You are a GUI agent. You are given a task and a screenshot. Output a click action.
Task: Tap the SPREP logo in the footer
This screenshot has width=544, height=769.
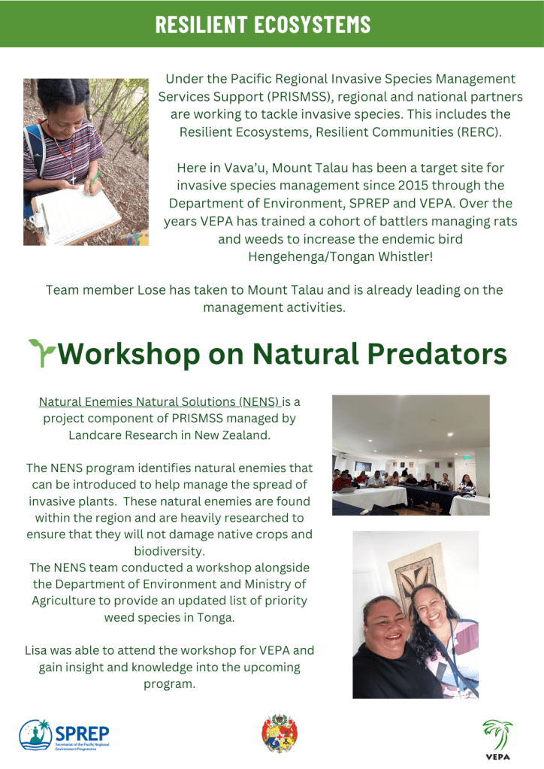point(64,734)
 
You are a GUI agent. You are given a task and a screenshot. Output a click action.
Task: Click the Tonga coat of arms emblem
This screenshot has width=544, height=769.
point(280,733)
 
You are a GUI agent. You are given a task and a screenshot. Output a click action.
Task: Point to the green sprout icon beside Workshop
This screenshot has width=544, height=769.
point(41,352)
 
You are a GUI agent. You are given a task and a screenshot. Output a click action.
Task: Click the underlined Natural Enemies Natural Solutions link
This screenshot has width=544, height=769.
point(159,401)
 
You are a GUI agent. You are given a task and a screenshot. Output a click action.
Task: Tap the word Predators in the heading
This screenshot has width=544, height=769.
point(437,353)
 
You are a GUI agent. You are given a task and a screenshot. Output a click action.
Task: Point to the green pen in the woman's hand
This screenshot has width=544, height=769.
point(94,180)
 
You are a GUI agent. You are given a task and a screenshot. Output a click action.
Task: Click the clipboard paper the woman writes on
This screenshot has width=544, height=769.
point(76,215)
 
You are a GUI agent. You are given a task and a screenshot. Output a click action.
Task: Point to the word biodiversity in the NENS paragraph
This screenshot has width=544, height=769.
point(170,551)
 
